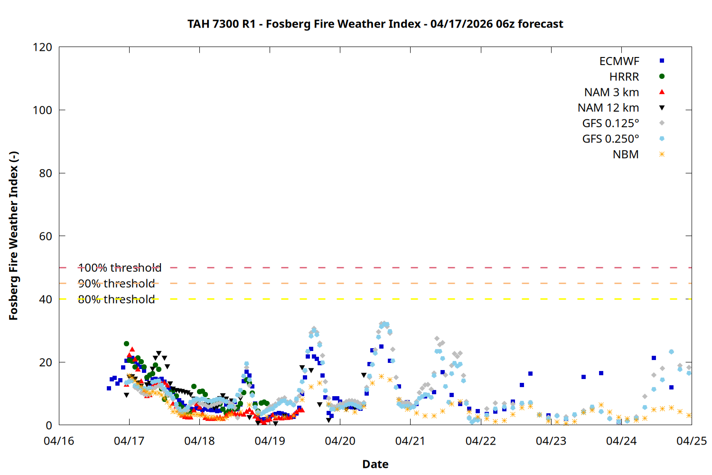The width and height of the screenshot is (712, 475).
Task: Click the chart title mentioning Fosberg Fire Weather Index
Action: point(375,24)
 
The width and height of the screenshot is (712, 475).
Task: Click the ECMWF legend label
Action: point(619,61)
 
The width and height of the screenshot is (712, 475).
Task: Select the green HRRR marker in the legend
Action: point(662,76)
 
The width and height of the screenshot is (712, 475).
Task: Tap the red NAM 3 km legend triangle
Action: point(662,92)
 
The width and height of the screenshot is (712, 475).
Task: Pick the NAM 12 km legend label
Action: point(608,108)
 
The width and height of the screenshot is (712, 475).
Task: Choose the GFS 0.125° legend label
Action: point(610,123)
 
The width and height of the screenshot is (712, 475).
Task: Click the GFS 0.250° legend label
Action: point(610,139)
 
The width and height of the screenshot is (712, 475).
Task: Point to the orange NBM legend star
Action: point(662,154)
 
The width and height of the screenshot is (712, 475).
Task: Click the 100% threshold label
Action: point(120,268)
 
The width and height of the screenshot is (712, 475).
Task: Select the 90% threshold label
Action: point(116,284)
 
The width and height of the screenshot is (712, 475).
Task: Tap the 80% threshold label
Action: point(116,299)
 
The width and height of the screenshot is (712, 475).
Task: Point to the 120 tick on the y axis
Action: point(42,47)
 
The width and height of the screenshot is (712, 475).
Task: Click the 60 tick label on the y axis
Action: point(46,236)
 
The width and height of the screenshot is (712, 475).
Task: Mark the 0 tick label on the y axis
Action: point(49,425)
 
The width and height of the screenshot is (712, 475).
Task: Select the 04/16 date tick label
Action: point(59,441)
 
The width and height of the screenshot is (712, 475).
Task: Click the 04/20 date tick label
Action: point(340,441)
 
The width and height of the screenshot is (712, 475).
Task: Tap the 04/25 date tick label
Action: point(691,441)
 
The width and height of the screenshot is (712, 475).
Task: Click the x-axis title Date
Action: point(375,464)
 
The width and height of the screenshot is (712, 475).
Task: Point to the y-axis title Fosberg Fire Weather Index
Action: point(13,236)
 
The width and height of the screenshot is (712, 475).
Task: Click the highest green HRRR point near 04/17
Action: point(126,343)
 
